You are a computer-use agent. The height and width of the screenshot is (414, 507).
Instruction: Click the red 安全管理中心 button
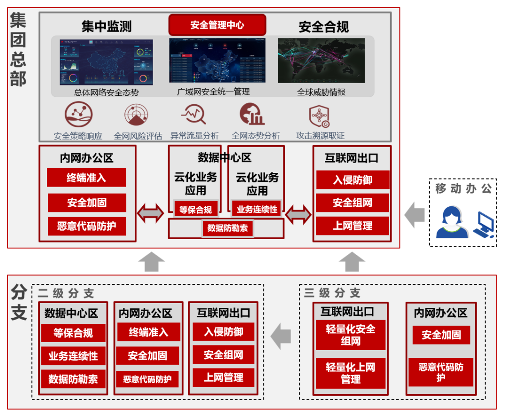pos(217,25)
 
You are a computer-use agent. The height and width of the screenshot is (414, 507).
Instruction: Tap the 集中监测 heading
pos(106,27)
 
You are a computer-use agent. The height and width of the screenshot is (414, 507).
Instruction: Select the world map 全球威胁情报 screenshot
pos(321,61)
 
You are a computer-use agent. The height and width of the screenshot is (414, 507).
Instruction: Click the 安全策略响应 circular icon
pos(78,114)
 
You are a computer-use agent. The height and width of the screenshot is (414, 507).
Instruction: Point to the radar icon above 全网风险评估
pos(137,115)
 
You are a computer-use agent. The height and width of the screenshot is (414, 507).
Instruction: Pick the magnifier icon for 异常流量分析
pos(194,114)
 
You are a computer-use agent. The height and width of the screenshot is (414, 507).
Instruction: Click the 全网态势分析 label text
pos(256,136)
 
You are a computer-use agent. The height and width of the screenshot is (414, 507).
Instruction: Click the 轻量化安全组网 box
pos(351,335)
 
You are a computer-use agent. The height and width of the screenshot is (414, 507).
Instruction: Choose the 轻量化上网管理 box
pos(351,373)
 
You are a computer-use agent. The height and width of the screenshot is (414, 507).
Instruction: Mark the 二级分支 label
pos(66,294)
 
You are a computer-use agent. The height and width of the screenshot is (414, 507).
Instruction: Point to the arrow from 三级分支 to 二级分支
pos(281,336)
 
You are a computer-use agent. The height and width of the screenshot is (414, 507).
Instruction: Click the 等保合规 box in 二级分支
pos(73,333)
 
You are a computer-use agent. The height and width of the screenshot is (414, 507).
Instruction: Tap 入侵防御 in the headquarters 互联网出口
pos(353,180)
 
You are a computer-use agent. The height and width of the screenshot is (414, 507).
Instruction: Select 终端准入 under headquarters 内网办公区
pos(86,178)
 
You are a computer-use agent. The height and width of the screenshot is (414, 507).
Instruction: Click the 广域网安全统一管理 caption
pos(214,92)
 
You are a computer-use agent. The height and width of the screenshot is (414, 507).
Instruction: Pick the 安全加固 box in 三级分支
pos(441,335)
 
